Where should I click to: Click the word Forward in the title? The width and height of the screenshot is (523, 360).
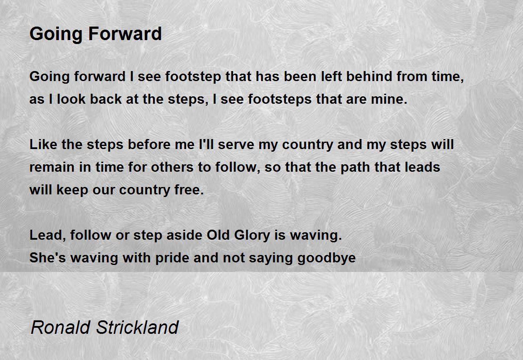pyautogui.click(x=125, y=34)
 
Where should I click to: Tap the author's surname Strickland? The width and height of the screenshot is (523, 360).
pyautogui.click(x=137, y=327)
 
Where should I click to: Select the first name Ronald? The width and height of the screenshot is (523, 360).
pyautogui.click(x=61, y=327)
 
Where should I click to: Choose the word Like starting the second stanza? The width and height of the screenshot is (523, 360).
pyautogui.click(x=43, y=144)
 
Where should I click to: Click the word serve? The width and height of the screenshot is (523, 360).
pyautogui.click(x=236, y=144)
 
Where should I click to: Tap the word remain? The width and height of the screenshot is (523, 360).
pyautogui.click(x=52, y=167)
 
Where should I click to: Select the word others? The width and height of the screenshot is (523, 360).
pyautogui.click(x=172, y=167)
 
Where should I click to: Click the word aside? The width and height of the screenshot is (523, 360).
pyautogui.click(x=184, y=235)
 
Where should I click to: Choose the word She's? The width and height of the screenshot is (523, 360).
pyautogui.click(x=48, y=258)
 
